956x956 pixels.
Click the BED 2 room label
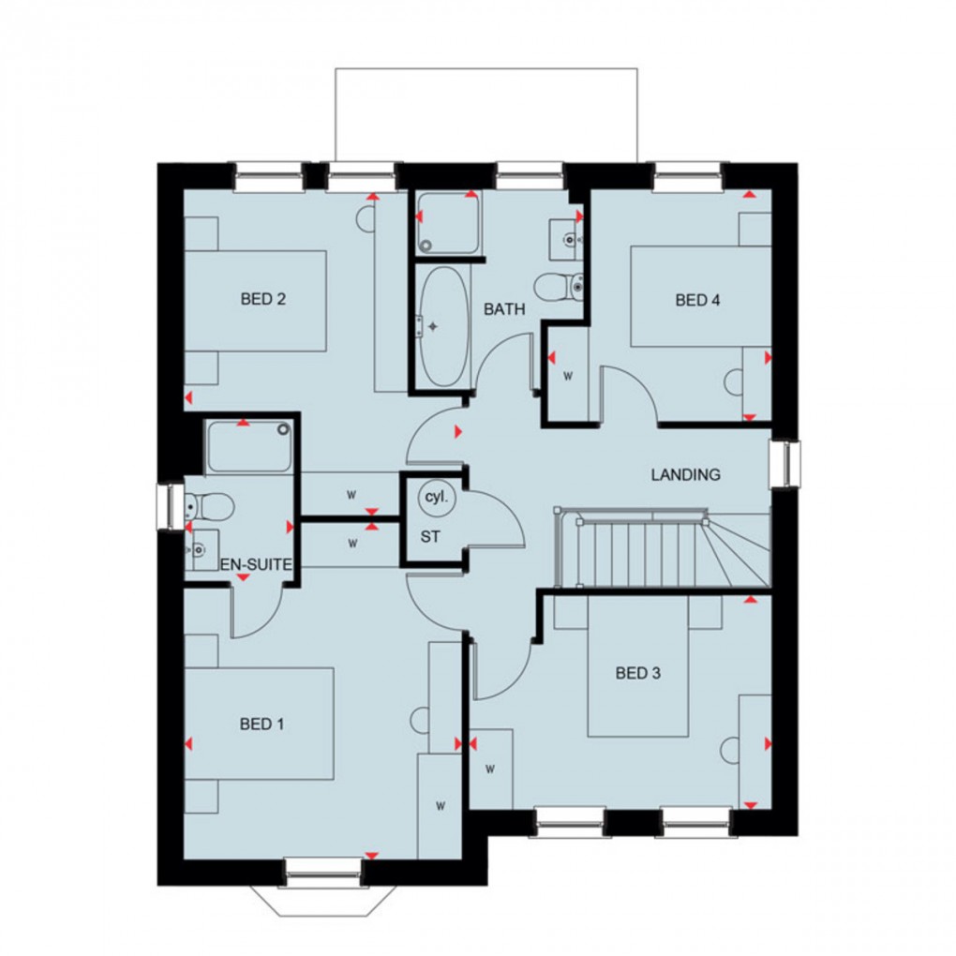click(262, 300)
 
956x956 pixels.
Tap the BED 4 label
click(697, 300)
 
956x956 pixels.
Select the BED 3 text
click(637, 673)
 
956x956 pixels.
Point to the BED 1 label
click(261, 724)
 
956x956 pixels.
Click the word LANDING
click(686, 475)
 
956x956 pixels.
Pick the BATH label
click(504, 308)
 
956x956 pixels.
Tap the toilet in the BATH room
click(560, 284)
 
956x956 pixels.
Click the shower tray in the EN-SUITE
click(248, 446)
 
